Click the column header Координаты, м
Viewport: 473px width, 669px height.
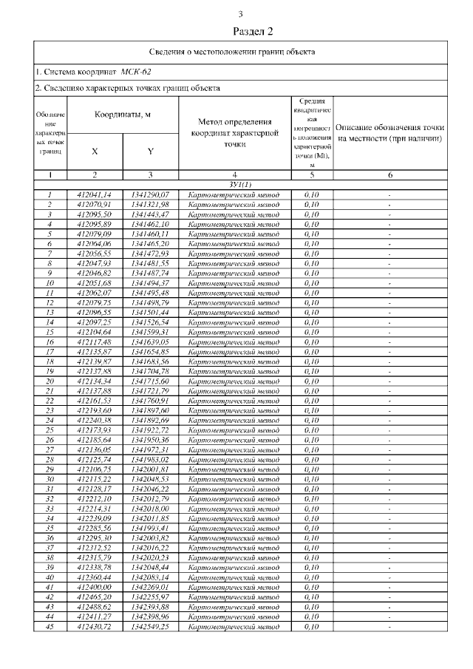pyautogui.click(x=123, y=115)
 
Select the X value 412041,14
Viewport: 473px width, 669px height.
pyautogui.click(x=95, y=194)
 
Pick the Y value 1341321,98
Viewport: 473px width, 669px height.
pyautogui.click(x=150, y=204)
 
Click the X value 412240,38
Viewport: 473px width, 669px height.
pyautogui.click(x=95, y=420)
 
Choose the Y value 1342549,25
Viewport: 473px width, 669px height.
pyautogui.click(x=150, y=625)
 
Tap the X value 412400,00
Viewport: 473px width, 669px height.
pyautogui.click(x=95, y=586)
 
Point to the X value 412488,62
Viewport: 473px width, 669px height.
pyautogui.click(x=95, y=606)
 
